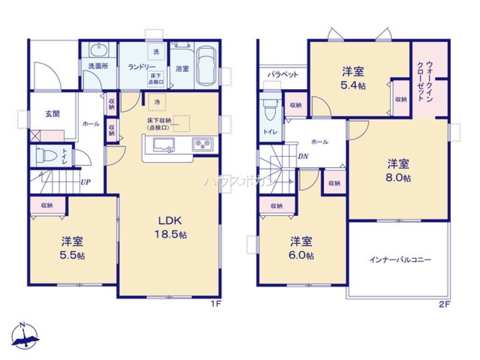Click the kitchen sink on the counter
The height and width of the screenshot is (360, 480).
(x=162, y=144)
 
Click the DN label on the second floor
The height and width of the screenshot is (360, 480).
(x=303, y=156)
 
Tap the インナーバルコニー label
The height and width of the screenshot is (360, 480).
(x=400, y=261)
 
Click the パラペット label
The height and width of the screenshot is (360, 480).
(x=283, y=75)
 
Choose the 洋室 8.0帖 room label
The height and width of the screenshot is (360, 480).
(x=398, y=170)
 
